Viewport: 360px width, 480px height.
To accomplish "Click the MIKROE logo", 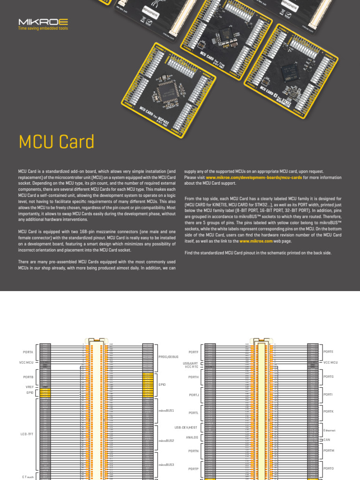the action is [x=37, y=22].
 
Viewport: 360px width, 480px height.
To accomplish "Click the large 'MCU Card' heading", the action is [x=56, y=142].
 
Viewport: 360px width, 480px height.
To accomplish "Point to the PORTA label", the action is [x=28, y=352].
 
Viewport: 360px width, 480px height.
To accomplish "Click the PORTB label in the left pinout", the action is [x=28, y=377].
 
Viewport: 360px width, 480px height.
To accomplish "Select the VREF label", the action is [x=30, y=387].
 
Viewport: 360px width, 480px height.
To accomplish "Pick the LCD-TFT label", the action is [x=28, y=435].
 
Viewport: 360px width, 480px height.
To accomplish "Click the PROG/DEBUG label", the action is [x=168, y=357].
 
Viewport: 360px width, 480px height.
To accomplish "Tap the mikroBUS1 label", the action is [x=166, y=410].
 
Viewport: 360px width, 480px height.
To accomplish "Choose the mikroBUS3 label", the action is [x=166, y=465].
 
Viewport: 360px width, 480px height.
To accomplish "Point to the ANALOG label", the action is [x=192, y=437].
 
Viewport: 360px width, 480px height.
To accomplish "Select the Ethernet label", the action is [x=330, y=430].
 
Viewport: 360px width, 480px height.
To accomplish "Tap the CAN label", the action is [x=327, y=440].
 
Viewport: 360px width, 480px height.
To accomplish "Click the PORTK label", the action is [x=328, y=411].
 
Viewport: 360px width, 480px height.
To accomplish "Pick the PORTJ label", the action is [x=194, y=395].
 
